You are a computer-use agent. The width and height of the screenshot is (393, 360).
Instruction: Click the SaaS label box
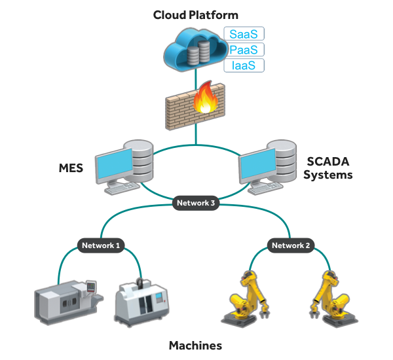(x=244, y=34)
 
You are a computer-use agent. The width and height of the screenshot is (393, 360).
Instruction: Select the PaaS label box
(x=244, y=50)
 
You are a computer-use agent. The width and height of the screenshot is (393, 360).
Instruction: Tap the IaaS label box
(x=244, y=65)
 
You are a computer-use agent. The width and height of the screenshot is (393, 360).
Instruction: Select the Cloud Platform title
(x=195, y=14)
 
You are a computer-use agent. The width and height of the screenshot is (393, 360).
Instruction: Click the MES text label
(x=70, y=168)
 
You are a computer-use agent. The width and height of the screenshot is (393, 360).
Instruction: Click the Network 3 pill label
(x=195, y=203)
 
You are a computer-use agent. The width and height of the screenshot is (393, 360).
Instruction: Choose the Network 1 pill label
(x=100, y=245)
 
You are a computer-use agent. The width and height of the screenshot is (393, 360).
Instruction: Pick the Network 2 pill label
(x=291, y=245)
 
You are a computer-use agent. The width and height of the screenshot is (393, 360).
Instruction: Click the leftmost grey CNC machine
(x=69, y=304)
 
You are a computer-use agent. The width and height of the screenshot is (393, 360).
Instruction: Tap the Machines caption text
(x=195, y=345)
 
